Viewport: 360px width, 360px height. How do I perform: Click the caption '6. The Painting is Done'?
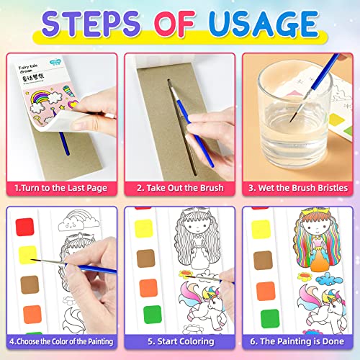point(298,341)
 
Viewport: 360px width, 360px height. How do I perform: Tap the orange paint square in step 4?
point(31,315)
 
